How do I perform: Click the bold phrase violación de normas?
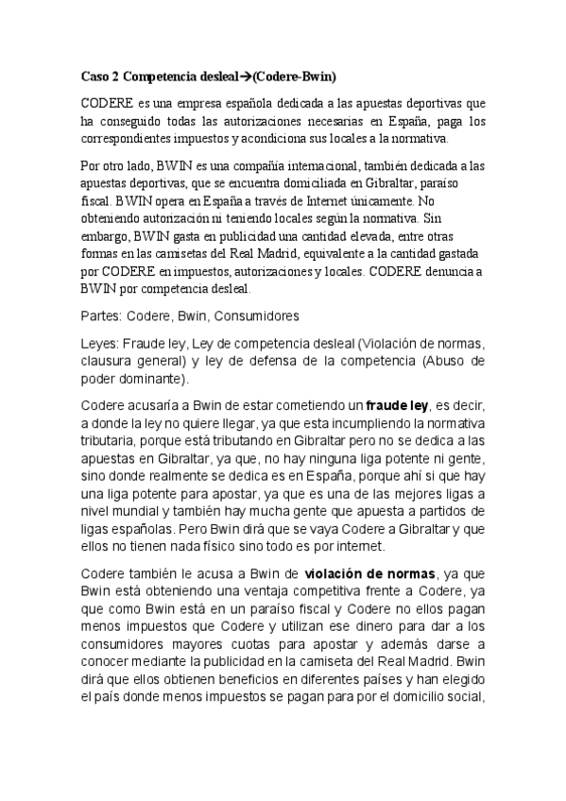(372, 573)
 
